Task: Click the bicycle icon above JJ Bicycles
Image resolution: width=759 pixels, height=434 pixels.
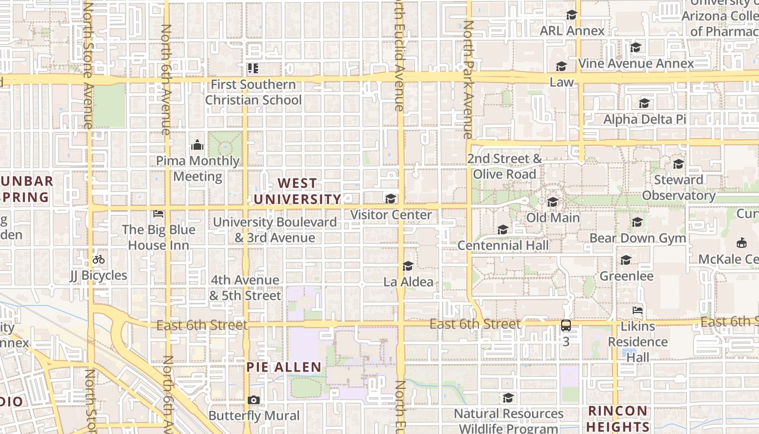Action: tap(98, 259)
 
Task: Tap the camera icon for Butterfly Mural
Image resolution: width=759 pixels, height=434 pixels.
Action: tap(253, 400)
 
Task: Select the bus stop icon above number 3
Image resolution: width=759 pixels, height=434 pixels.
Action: tap(566, 325)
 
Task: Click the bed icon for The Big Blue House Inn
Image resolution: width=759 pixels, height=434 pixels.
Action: tap(158, 214)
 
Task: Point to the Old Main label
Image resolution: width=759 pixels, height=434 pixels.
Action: tap(553, 218)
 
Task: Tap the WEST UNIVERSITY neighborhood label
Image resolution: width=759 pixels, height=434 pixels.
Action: tap(297, 192)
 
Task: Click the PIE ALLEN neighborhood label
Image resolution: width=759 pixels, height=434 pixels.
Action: tap(284, 367)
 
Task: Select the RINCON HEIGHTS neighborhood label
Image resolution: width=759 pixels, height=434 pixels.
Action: tap(618, 418)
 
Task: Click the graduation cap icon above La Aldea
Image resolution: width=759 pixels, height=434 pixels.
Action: tap(408, 266)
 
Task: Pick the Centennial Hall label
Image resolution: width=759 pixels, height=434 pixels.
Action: tap(503, 245)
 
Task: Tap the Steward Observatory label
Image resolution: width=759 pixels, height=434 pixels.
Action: tap(678, 188)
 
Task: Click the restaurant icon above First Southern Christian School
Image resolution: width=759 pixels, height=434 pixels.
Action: tap(253, 68)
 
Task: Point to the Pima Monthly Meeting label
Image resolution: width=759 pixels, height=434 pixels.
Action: tap(197, 169)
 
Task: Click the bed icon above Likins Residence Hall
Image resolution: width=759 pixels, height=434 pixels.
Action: tap(638, 310)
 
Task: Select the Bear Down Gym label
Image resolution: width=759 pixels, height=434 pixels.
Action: tap(638, 238)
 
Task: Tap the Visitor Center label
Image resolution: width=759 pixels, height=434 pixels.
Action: tap(391, 215)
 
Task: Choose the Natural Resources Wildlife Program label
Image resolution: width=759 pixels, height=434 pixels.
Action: tap(508, 421)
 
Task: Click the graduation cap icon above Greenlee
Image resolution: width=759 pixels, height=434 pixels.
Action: tap(626, 260)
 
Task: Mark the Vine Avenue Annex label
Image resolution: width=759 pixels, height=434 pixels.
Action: tap(636, 63)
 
